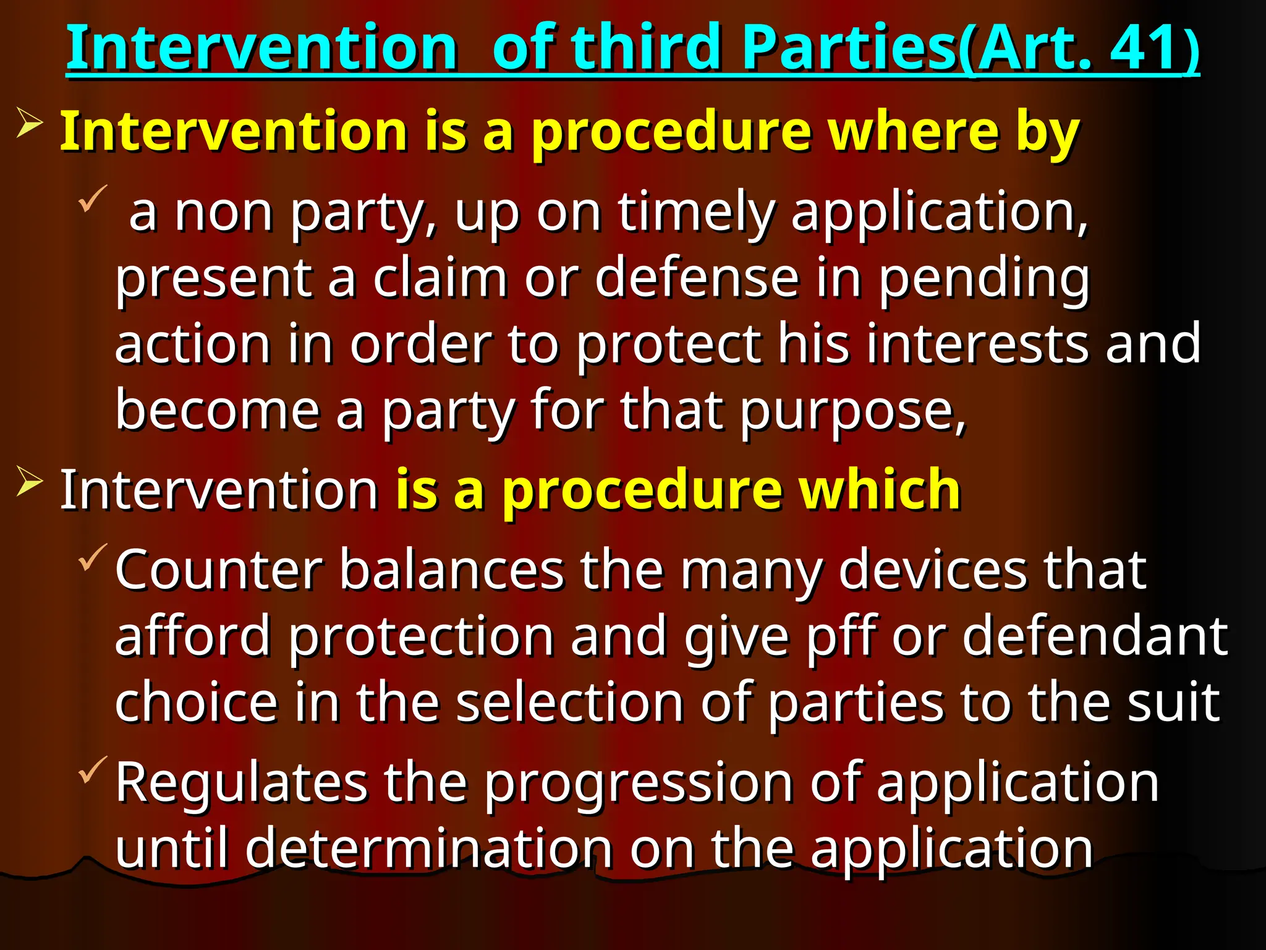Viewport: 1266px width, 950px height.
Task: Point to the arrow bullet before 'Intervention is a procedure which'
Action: (x=30, y=481)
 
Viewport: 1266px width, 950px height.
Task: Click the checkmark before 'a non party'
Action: (x=93, y=198)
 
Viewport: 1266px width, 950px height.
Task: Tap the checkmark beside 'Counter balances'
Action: (x=93, y=556)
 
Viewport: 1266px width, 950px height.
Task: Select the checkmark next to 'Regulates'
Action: (x=93, y=769)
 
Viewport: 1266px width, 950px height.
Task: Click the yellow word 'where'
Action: (x=914, y=131)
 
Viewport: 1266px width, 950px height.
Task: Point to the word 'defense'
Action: (x=697, y=278)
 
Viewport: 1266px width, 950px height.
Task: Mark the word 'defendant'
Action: (x=1095, y=637)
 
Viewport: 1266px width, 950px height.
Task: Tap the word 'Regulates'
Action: (x=241, y=783)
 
